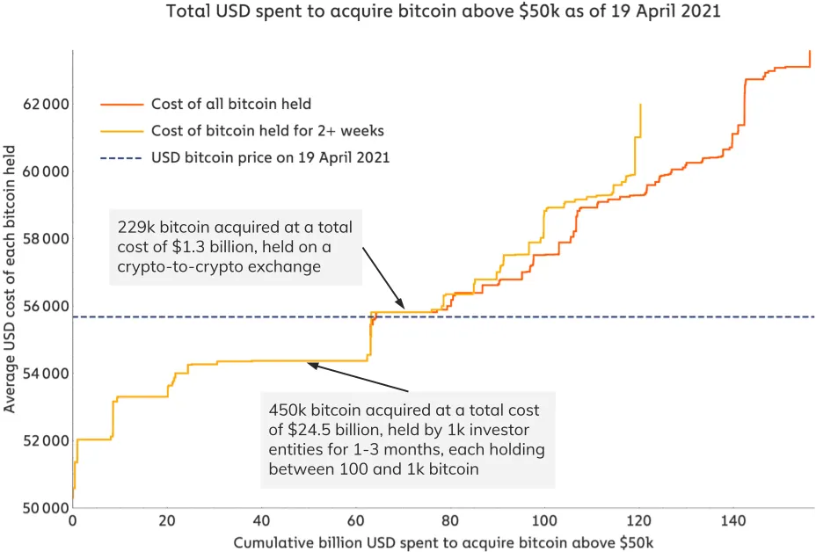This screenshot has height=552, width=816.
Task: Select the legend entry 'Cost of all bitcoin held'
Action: tap(231, 104)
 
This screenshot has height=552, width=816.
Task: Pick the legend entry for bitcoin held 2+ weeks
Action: tap(267, 131)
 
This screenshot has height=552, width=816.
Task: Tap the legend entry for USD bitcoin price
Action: tap(270, 158)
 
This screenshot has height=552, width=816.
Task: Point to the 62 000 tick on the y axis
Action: tap(44, 105)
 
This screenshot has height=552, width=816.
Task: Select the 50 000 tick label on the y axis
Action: tap(44, 508)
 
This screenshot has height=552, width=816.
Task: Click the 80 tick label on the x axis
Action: tap(450, 521)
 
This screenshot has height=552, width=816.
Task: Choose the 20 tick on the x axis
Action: tap(167, 521)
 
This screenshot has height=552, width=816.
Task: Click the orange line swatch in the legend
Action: tap(121, 104)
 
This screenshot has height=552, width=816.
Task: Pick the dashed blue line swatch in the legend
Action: tap(121, 158)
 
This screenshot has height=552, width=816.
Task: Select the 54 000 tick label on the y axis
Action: tap(44, 374)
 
